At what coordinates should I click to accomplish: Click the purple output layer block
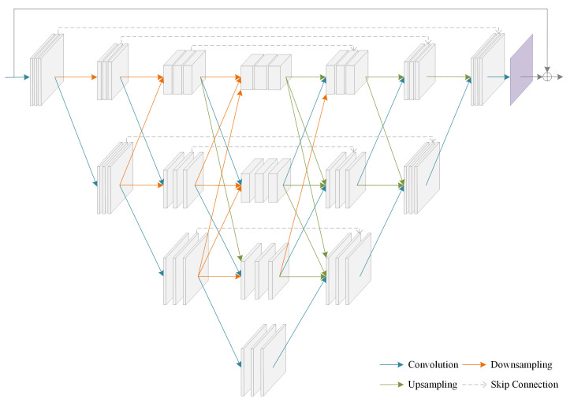coord(522,70)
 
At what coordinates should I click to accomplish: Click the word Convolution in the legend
coord(433,364)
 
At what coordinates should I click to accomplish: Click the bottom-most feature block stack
coord(263,359)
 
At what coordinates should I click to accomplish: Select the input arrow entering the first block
coord(17,77)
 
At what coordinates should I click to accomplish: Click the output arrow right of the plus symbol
coord(559,77)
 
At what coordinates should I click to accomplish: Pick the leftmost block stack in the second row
coord(114,177)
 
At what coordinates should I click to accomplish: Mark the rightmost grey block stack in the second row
coord(421,177)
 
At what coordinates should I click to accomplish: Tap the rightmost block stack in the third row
coord(348,268)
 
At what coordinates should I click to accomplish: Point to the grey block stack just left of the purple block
coord(486,70)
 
